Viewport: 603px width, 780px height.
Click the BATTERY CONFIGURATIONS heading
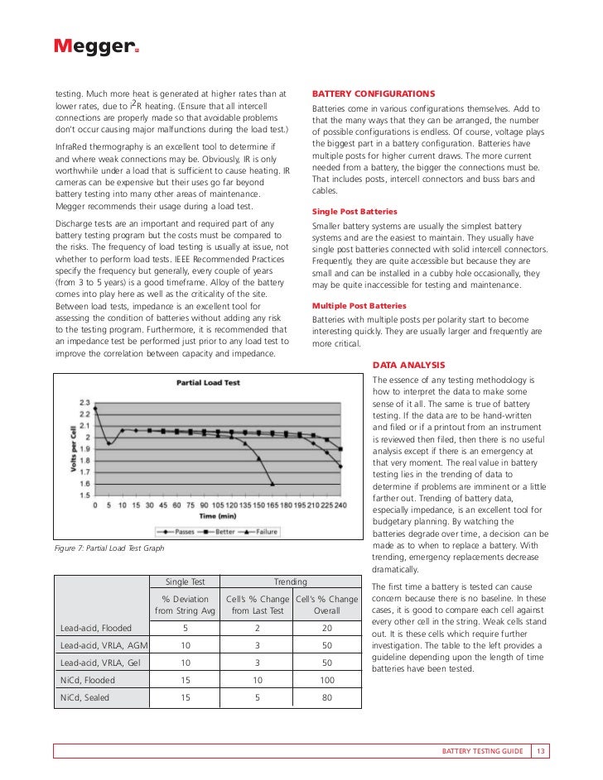[x=373, y=93]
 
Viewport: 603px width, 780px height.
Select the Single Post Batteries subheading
[x=355, y=212]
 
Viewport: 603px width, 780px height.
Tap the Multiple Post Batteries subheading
[x=359, y=305]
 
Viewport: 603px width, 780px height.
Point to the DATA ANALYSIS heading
[x=409, y=365]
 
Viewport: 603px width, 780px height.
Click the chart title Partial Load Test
[x=208, y=383]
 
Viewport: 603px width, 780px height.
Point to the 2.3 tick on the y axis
[x=84, y=401]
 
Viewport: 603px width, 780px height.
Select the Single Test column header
[x=186, y=582]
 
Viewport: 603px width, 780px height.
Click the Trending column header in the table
[x=290, y=582]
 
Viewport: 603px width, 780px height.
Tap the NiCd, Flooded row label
[x=88, y=680]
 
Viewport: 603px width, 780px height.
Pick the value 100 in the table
[x=326, y=680]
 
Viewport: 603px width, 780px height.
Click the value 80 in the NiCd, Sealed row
[x=326, y=697]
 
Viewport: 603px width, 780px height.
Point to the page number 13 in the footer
[x=540, y=751]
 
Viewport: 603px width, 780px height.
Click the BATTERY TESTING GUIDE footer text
[x=482, y=751]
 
